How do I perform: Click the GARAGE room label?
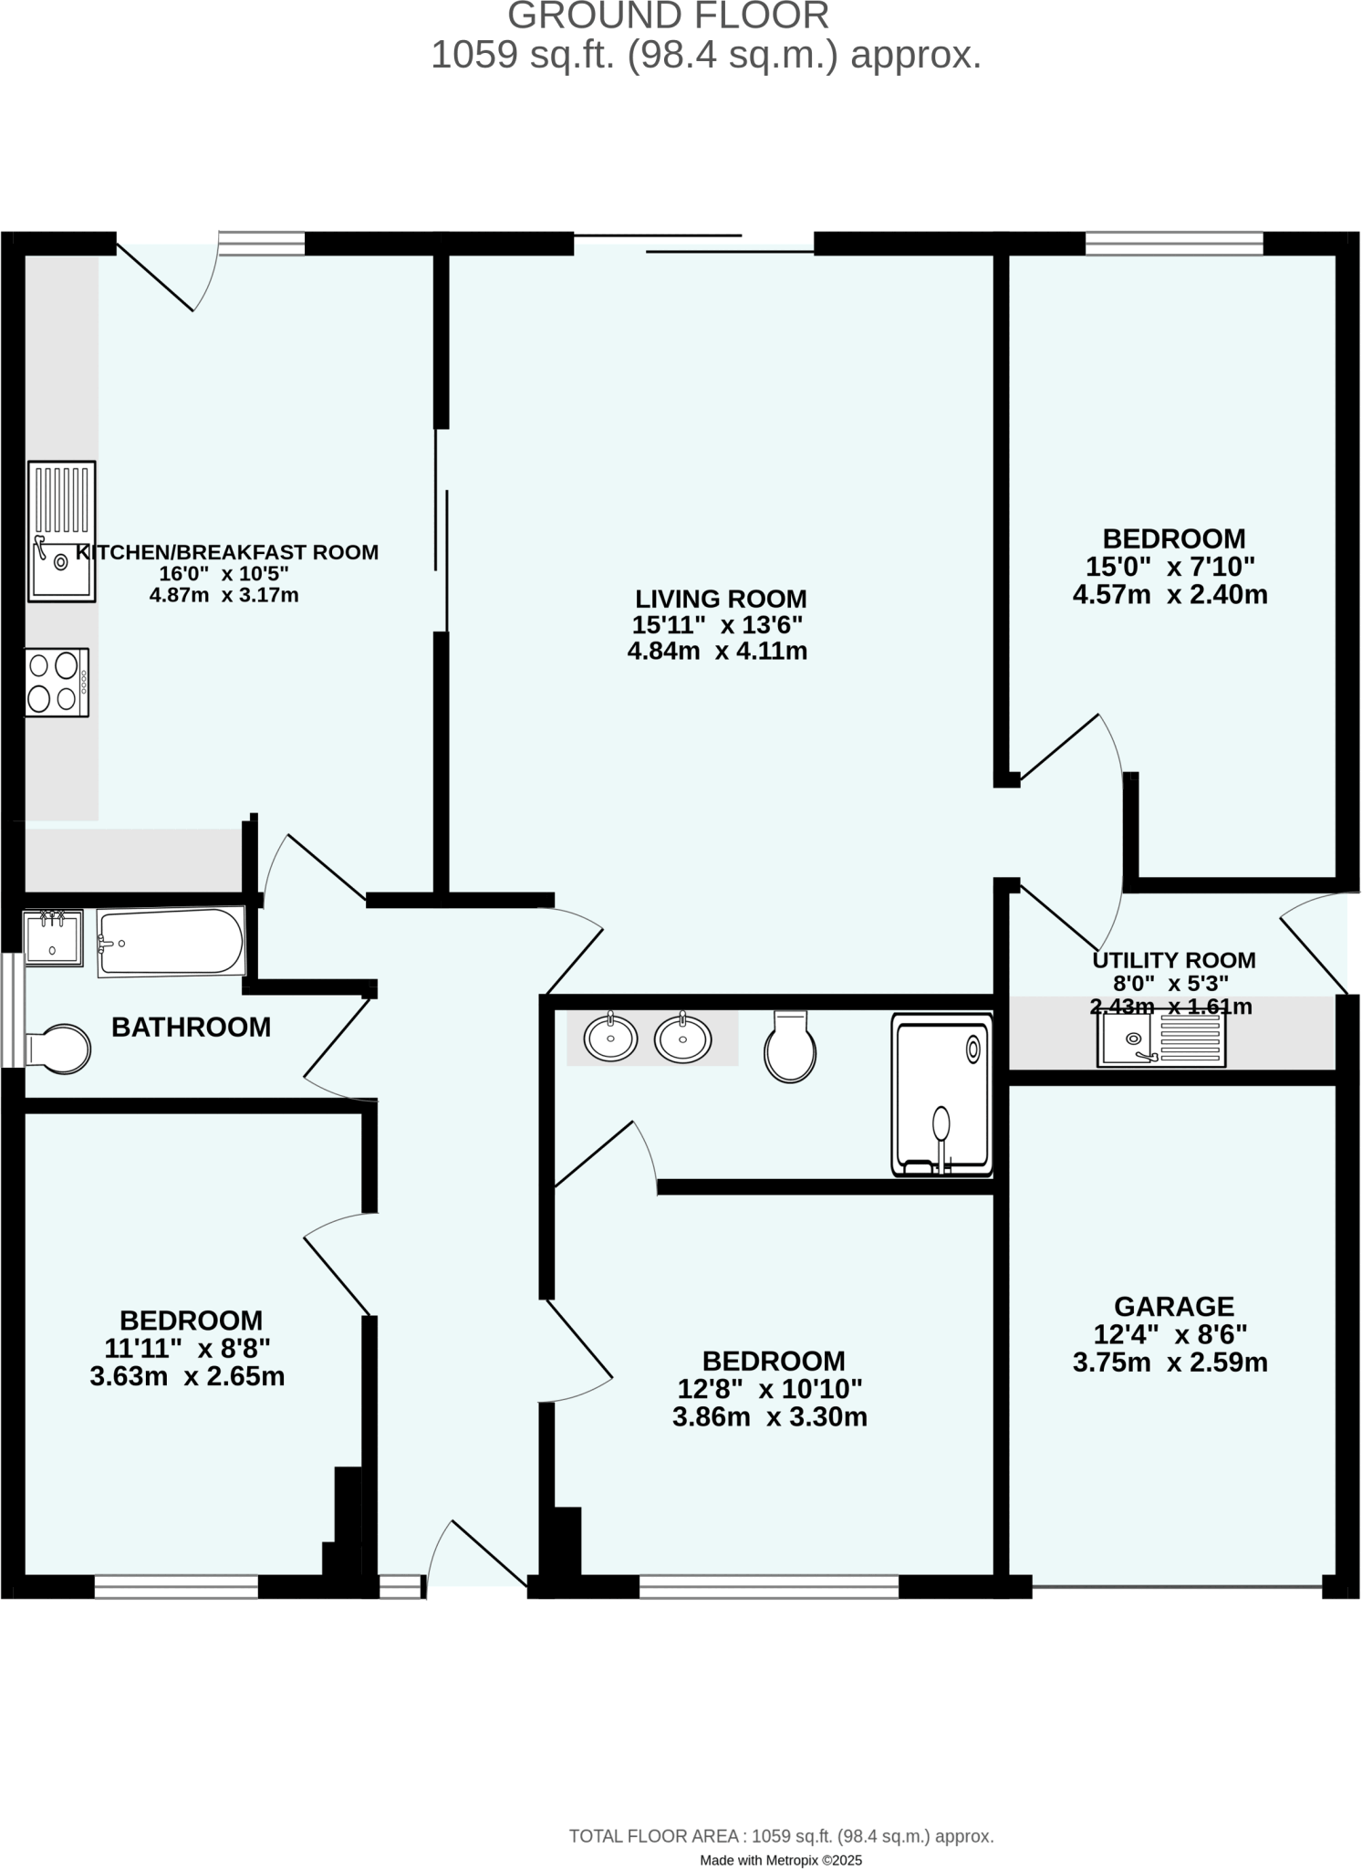pyautogui.click(x=1173, y=1306)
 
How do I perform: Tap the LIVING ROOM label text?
pyautogui.click(x=721, y=600)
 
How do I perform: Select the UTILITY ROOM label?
pyautogui.click(x=1173, y=960)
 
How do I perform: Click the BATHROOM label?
pyautogui.click(x=191, y=1028)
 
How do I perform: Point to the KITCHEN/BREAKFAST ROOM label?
pyautogui.click(x=226, y=552)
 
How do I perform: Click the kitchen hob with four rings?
pyautogui.click(x=57, y=682)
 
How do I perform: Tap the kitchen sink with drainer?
pyautogui.click(x=61, y=531)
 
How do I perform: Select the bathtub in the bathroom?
pyautogui.click(x=171, y=941)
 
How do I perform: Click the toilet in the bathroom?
pyautogui.click(x=60, y=1049)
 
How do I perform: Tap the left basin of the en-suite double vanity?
pyautogui.click(x=610, y=1039)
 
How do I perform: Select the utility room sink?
pyautogui.click(x=1160, y=1039)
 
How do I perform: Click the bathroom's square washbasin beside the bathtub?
pyautogui.click(x=53, y=938)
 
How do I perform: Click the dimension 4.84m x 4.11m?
pyautogui.click(x=717, y=652)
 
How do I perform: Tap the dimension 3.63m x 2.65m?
pyautogui.click(x=187, y=1377)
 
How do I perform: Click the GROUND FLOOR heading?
pyautogui.click(x=668, y=16)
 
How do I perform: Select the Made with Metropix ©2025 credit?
pyautogui.click(x=780, y=1860)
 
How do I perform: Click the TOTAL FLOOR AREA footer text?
pyautogui.click(x=781, y=1836)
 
